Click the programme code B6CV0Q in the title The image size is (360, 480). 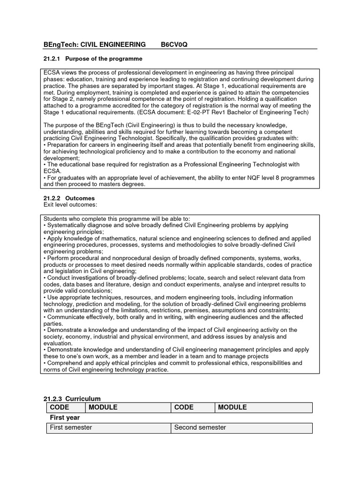(x=174, y=45)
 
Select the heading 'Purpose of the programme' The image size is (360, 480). (x=104, y=59)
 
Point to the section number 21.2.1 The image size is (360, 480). (x=52, y=59)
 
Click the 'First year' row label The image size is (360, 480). (x=65, y=417)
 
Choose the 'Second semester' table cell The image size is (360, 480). (x=200, y=427)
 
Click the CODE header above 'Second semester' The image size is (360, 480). (x=184, y=407)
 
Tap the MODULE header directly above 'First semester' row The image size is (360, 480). (x=103, y=407)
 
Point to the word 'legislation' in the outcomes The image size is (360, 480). (x=68, y=271)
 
